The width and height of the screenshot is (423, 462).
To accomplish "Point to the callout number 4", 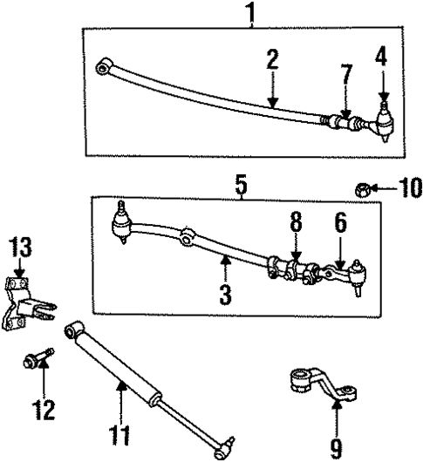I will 381,60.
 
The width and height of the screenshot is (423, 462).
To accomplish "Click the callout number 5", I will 241,185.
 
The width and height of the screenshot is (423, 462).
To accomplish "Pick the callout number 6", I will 341,225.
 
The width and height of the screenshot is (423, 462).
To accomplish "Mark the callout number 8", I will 295,224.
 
